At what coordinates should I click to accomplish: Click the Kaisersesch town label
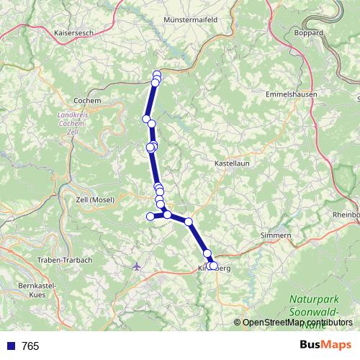(74, 32)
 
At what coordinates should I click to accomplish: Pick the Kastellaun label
(232, 165)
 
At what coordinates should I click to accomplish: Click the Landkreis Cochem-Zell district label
(71, 119)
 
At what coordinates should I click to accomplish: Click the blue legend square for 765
(9, 346)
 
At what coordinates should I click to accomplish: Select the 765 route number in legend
(30, 346)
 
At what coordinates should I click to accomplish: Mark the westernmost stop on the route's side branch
(150, 216)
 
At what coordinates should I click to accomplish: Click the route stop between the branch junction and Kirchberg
(189, 222)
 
